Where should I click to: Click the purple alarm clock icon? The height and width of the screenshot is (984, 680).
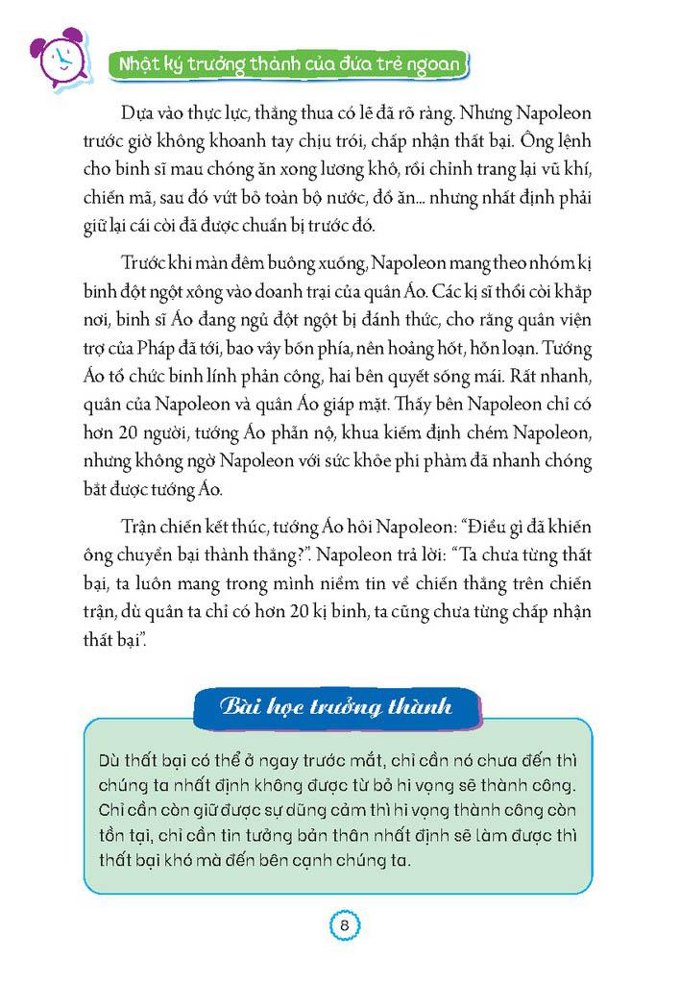click(57, 58)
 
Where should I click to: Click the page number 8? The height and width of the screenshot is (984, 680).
click(343, 926)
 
